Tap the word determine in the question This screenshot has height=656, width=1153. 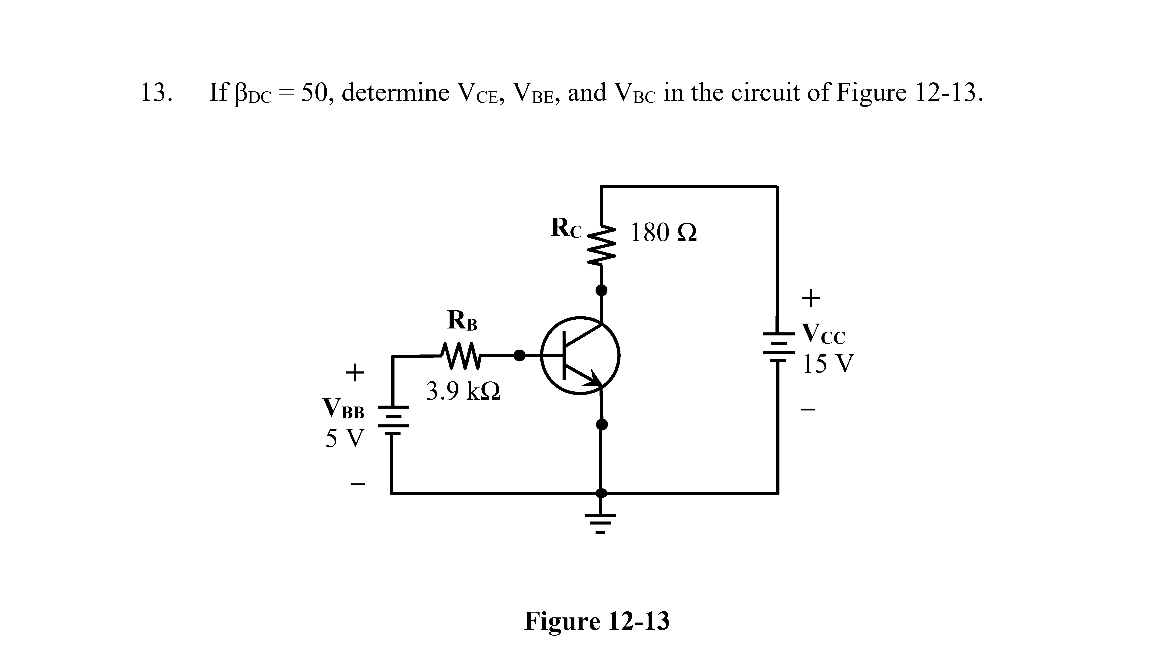(395, 93)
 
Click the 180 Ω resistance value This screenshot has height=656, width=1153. (663, 233)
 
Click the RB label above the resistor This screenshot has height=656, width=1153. (462, 321)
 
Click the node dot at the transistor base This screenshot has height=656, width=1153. (520, 355)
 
